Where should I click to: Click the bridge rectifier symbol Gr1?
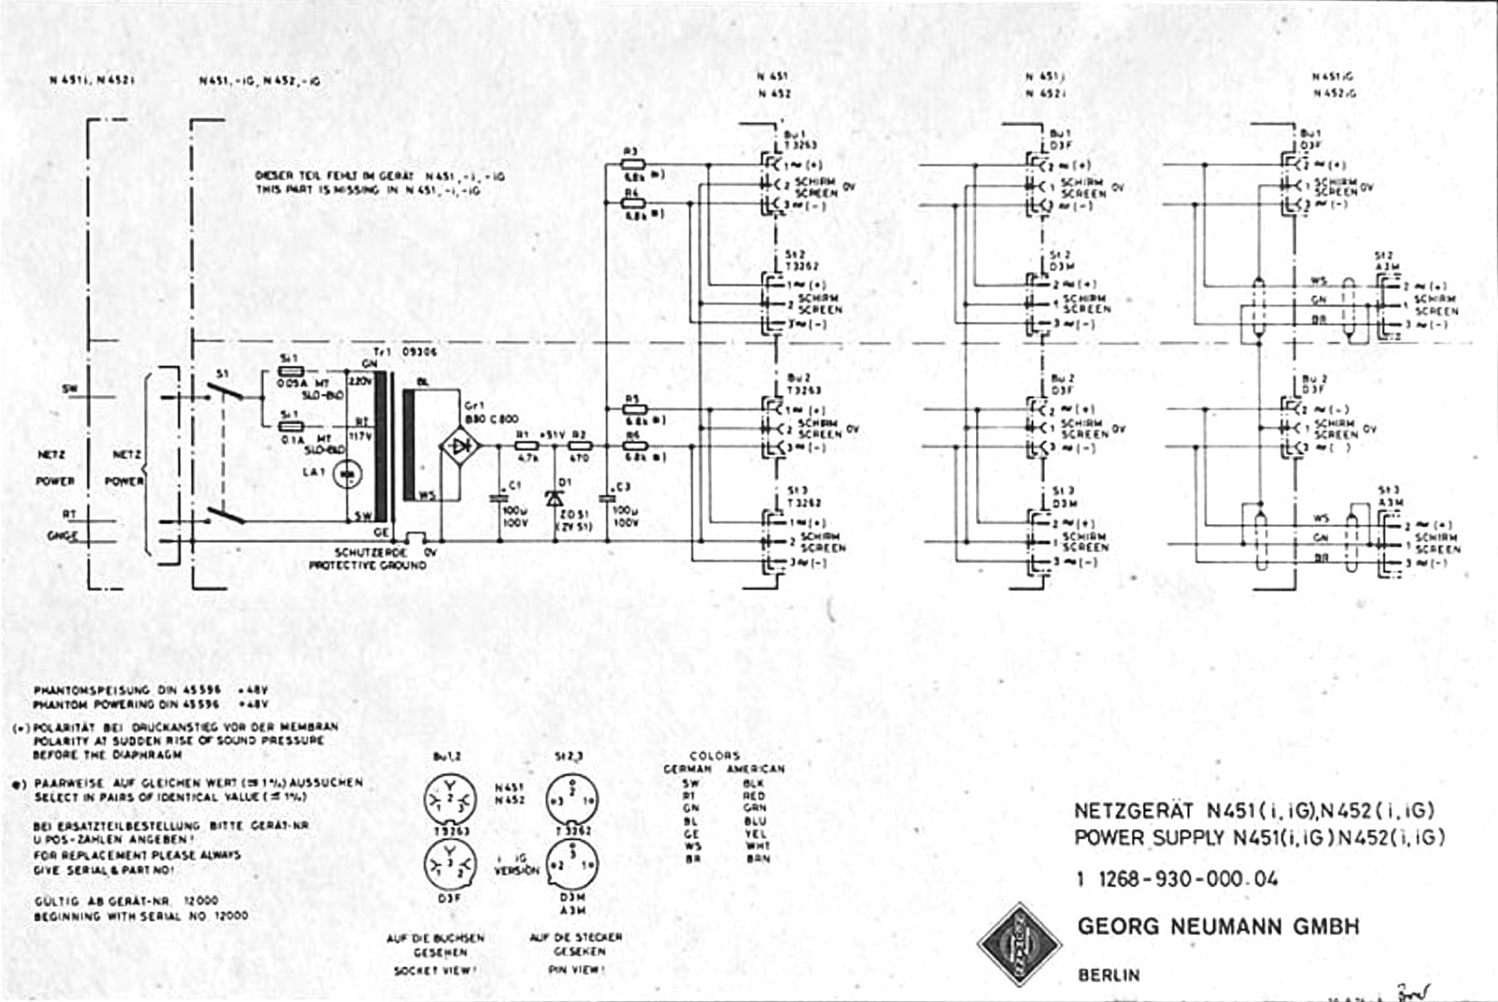pyautogui.click(x=458, y=446)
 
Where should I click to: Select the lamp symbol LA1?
pyautogui.click(x=347, y=474)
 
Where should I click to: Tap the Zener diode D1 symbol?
pyautogui.click(x=555, y=497)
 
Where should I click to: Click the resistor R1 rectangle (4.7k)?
pyautogui.click(x=527, y=446)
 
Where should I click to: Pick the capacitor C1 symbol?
pyautogui.click(x=500, y=497)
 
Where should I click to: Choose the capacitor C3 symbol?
pyautogui.click(x=607, y=497)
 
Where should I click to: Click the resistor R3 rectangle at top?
pyautogui.click(x=634, y=163)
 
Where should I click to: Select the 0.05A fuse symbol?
pyautogui.click(x=290, y=371)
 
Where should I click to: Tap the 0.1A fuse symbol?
pyautogui.click(x=290, y=426)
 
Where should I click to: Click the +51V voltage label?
pyautogui.click(x=552, y=434)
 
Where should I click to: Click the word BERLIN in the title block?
pyautogui.click(x=1109, y=975)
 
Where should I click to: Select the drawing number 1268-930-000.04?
pyautogui.click(x=1187, y=878)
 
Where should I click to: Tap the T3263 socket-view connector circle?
pyautogui.click(x=449, y=800)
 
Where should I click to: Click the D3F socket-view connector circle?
pyautogui.click(x=449, y=865)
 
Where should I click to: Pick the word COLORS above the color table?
pyautogui.click(x=715, y=755)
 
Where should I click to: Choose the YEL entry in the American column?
pyautogui.click(x=756, y=833)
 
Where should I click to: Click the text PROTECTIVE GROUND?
pyautogui.click(x=368, y=565)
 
